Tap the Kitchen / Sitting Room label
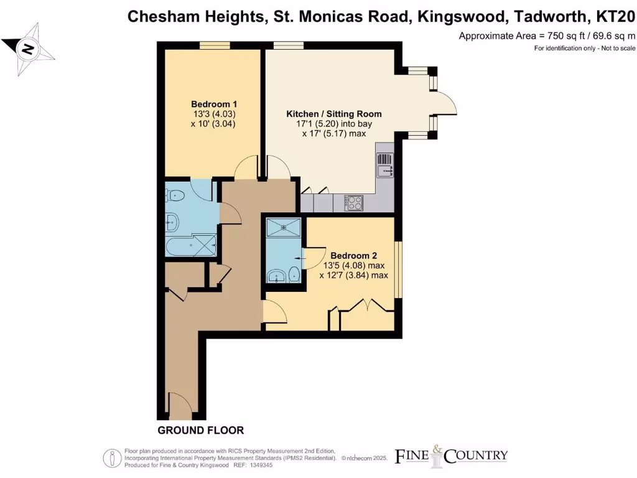click(x=333, y=114)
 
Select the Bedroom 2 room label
click(x=353, y=255)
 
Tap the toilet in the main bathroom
click(x=176, y=195)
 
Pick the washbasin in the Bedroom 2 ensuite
click(x=274, y=275)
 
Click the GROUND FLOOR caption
click(x=200, y=430)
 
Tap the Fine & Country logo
click(x=452, y=456)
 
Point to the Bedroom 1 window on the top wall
click(x=215, y=45)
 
